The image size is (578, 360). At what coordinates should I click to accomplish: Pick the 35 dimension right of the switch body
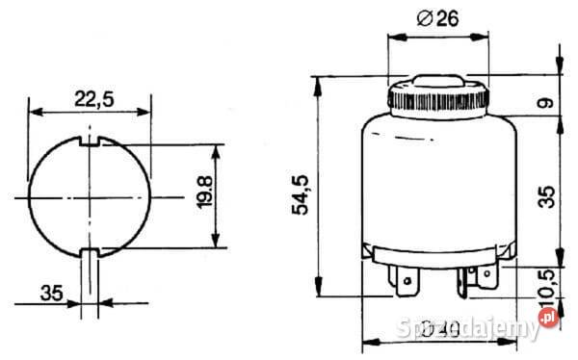click(x=546, y=196)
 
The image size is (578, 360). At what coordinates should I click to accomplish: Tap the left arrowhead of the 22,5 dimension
click(x=34, y=112)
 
